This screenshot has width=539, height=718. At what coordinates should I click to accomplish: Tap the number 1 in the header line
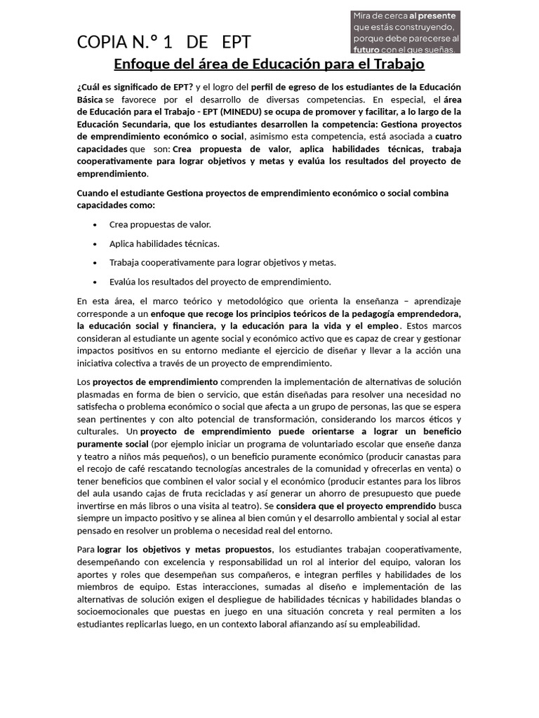coord(168,42)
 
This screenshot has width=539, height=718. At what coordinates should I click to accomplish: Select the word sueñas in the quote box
coord(439,49)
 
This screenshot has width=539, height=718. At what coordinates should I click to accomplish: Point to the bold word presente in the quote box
coord(437,15)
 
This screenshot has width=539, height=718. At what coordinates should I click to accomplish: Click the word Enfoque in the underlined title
coord(141,65)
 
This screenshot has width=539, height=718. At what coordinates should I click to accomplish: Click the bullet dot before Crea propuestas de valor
coord(95,224)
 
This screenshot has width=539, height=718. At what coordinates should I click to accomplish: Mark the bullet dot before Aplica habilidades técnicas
coord(95,243)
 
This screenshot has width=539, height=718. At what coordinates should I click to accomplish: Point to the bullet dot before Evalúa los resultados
coord(95,282)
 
